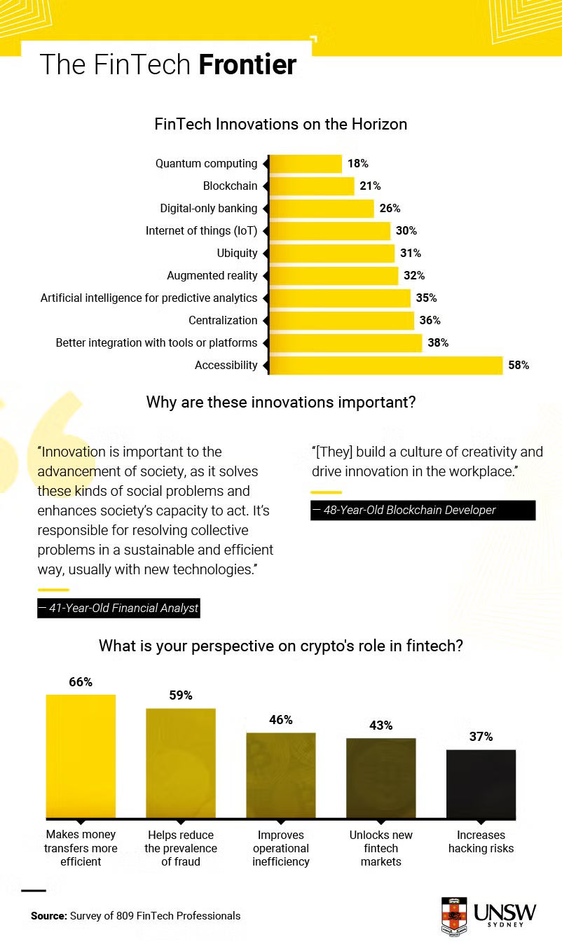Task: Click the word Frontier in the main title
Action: (247, 64)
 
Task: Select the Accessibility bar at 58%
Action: (385, 365)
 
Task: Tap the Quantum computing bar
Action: (305, 164)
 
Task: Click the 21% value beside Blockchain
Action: (370, 186)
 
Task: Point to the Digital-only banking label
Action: (209, 209)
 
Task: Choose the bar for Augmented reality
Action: (334, 275)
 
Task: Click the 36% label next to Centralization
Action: (430, 320)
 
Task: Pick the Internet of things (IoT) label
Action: (201, 231)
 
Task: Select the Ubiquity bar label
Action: (237, 253)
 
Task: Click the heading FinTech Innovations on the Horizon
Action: (280, 125)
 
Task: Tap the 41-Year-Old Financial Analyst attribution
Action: (119, 608)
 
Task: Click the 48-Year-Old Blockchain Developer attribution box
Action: (423, 510)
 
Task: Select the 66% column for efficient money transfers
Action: (81, 756)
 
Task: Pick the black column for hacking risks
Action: (481, 784)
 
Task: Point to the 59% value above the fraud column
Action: (181, 695)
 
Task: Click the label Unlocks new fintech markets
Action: (381, 848)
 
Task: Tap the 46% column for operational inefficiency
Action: (281, 775)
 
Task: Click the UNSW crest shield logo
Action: (453, 916)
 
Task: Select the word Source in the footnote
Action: (48, 915)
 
